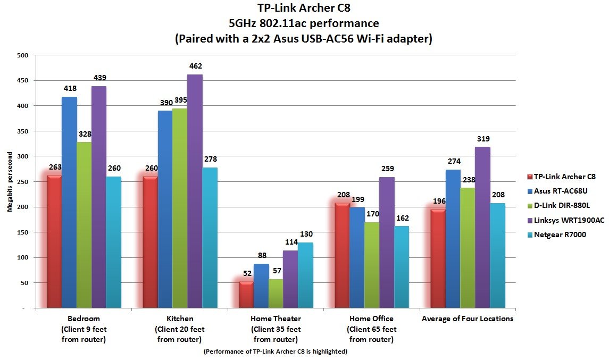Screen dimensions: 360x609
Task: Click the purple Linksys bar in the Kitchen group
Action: [x=195, y=191]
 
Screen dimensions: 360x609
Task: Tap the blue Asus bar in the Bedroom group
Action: [x=70, y=202]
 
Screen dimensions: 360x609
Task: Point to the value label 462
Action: [x=195, y=66]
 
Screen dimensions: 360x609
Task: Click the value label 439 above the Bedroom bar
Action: [x=99, y=78]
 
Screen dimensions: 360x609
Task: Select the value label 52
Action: [x=246, y=273]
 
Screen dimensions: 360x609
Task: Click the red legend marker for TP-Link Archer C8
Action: [x=529, y=177]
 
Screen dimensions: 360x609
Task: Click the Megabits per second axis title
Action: [x=9, y=182]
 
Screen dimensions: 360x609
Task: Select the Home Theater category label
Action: [x=276, y=319]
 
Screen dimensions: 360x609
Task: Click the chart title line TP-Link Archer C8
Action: [x=304, y=9]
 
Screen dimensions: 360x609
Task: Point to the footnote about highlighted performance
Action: [x=275, y=351]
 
